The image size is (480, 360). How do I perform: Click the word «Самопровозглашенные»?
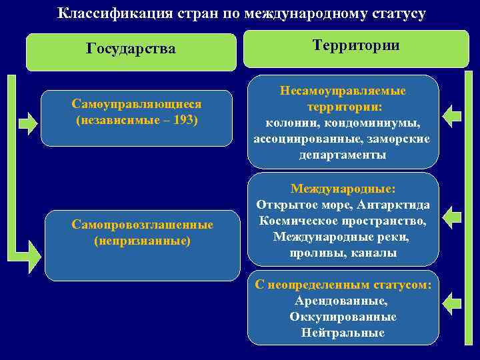(142, 225)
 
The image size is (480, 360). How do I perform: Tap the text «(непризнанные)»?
(142, 239)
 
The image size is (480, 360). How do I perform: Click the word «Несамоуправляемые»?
(343, 91)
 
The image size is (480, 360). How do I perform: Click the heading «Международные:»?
(342, 189)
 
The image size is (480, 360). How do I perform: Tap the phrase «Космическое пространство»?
(343, 221)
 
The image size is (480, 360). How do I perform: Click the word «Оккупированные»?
(342, 317)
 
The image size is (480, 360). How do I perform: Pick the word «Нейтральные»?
(342, 333)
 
